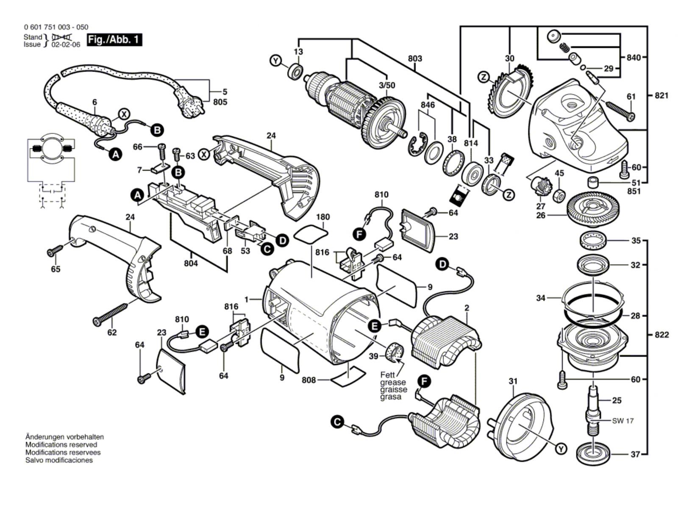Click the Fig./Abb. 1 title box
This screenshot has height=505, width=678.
pyautogui.click(x=114, y=40)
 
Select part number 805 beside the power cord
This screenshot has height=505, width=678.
pyautogui.click(x=220, y=102)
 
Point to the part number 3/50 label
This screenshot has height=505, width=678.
pyautogui.click(x=387, y=85)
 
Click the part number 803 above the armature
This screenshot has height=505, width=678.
pyautogui.click(x=415, y=58)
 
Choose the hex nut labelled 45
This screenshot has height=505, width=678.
pyautogui.click(x=559, y=195)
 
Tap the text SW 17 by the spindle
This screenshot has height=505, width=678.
pyautogui.click(x=623, y=421)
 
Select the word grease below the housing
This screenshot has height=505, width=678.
pyautogui.click(x=393, y=383)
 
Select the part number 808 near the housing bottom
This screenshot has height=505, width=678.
pyautogui.click(x=308, y=380)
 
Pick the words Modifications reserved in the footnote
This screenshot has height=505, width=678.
pyautogui.click(x=61, y=444)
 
